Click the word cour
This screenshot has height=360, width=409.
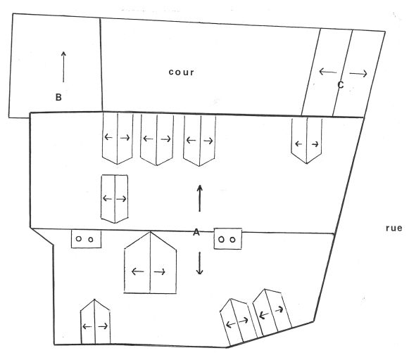click(x=182, y=72)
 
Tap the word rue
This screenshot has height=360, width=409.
click(x=394, y=229)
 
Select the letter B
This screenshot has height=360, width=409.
click(x=58, y=97)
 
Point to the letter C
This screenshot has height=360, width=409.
click(x=341, y=84)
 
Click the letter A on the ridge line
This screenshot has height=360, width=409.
click(x=196, y=232)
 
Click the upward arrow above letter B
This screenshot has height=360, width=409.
click(x=63, y=67)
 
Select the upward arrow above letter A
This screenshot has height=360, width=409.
click(x=200, y=198)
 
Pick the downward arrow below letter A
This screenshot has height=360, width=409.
click(x=200, y=263)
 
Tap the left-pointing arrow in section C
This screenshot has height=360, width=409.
click(x=328, y=72)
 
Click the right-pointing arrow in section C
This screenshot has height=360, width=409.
click(x=358, y=74)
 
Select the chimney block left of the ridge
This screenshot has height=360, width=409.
click(x=86, y=239)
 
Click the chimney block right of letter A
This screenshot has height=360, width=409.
click(x=227, y=239)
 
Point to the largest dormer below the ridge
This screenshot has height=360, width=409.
click(x=150, y=263)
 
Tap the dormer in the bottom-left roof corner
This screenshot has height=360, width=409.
click(x=95, y=322)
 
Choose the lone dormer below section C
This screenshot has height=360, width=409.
click(x=306, y=141)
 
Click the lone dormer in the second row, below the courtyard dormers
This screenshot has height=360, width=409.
click(x=115, y=199)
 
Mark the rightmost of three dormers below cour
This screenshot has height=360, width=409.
click(x=199, y=141)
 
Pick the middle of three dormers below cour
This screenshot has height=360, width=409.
click(x=157, y=140)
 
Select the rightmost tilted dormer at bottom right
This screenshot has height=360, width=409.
click(x=272, y=312)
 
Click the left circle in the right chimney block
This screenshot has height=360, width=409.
click(x=221, y=239)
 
